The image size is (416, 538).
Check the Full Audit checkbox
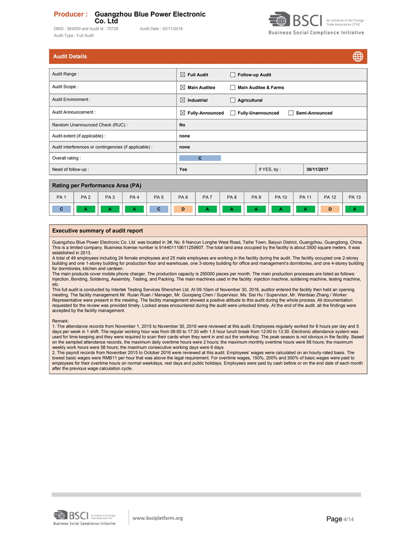click(x=183, y=75)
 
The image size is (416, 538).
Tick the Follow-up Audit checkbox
click(x=233, y=75)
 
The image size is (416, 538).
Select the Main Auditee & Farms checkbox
click(x=233, y=88)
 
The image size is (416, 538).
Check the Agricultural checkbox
click(x=233, y=100)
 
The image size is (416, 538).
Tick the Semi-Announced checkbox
click(x=291, y=113)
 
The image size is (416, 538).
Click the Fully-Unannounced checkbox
click(x=233, y=113)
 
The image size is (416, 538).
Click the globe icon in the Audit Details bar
click(x=358, y=57)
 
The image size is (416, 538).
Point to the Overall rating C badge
click(x=200, y=158)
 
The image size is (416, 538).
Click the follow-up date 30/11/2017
click(x=317, y=169)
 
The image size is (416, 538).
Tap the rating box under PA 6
click(x=183, y=209)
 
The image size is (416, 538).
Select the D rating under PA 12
click(x=330, y=209)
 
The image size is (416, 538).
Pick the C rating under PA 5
click(x=159, y=209)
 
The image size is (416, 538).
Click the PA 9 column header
click(x=256, y=197)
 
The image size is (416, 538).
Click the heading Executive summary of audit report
click(x=97, y=231)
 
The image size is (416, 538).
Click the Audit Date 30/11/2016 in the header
click(x=161, y=28)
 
